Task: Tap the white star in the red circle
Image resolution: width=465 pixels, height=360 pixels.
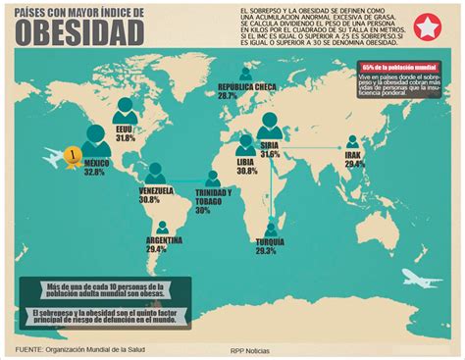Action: point(429,26)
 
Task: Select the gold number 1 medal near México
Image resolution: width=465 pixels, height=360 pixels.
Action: point(71,154)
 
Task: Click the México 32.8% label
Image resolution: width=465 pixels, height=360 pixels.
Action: point(94,167)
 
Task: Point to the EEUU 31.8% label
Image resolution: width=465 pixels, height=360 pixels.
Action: point(125,134)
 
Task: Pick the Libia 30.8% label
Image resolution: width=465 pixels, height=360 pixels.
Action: point(246,167)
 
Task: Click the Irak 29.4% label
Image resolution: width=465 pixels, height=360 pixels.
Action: point(354,160)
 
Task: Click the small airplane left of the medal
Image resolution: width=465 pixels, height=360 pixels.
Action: point(48,153)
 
